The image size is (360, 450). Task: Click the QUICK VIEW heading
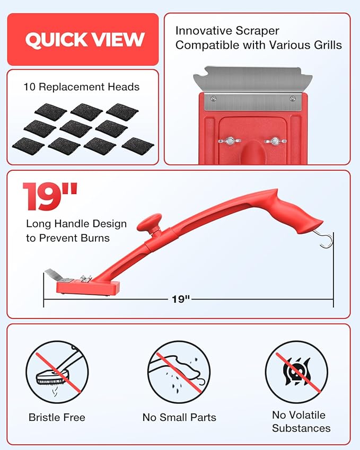[x=85, y=39]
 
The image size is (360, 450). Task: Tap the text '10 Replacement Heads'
[x=82, y=87]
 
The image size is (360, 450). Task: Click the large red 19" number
[x=50, y=196]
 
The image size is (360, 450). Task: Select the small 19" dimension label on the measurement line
[x=181, y=299]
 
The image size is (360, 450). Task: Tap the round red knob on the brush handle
[x=150, y=222]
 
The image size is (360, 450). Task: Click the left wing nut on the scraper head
[x=230, y=141]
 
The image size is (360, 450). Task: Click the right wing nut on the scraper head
[x=275, y=141]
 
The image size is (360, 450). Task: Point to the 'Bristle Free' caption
[x=57, y=417]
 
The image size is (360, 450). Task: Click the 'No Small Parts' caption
[x=179, y=417]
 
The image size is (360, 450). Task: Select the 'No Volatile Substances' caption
[x=301, y=421]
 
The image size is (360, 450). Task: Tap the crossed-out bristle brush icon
[x=57, y=372]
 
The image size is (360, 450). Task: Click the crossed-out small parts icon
[x=179, y=372]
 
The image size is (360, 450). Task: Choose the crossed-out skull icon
[x=296, y=372]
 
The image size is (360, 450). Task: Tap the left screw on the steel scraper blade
[x=213, y=99]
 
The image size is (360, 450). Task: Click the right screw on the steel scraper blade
[x=292, y=99]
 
